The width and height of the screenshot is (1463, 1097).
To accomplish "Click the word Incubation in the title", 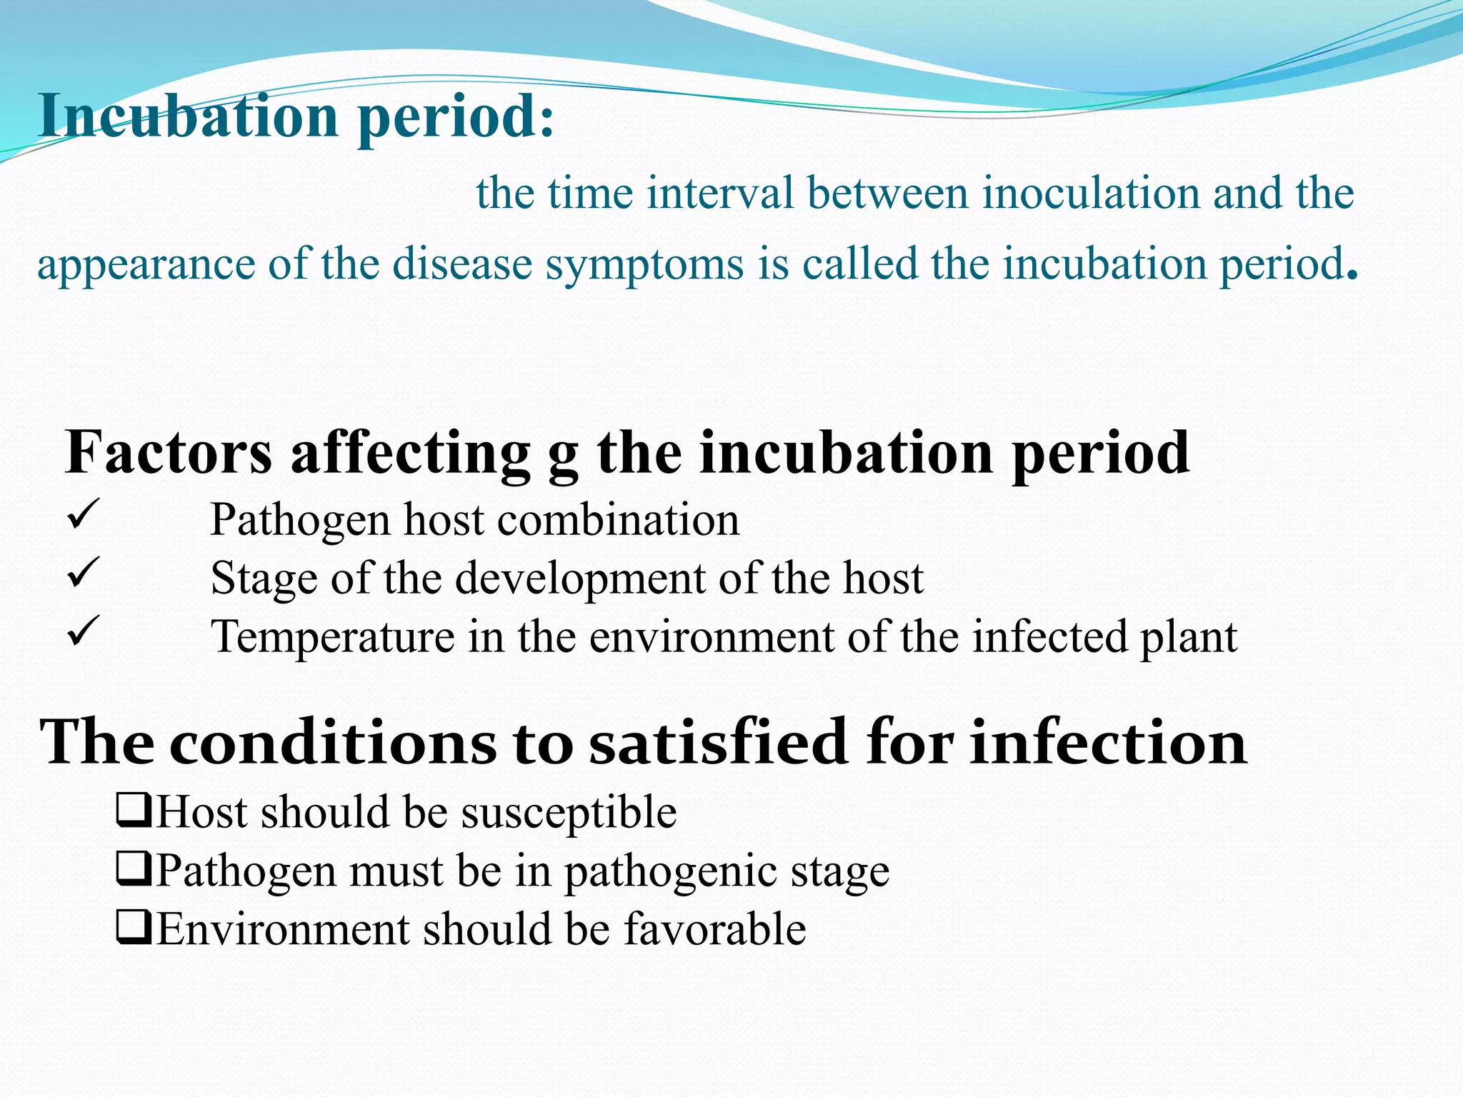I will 188,116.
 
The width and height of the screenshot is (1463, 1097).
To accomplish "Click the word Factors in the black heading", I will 169,452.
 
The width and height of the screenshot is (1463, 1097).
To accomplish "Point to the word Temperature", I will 332,637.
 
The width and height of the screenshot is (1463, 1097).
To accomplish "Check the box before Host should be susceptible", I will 134,812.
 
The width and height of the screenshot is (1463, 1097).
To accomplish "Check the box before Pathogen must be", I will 134,871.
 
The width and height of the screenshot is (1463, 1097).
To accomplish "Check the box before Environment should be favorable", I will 134,929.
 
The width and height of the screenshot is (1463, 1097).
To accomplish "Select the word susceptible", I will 569,813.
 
